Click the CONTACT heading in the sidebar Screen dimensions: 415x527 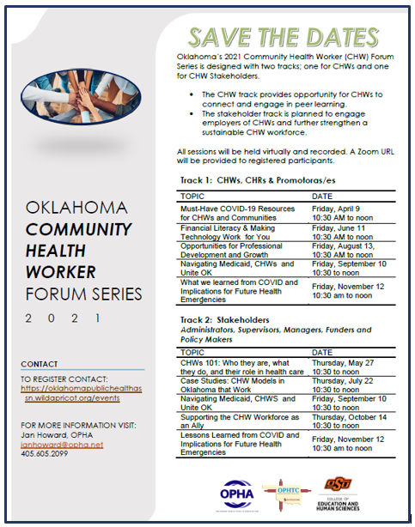point(40,363)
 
